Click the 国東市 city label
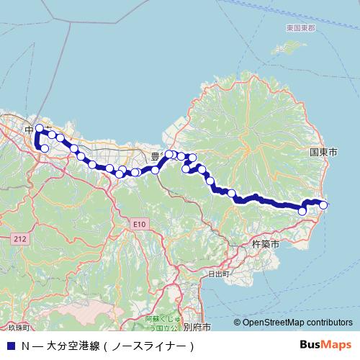[x=323, y=153]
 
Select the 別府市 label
[x=197, y=326]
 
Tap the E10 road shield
[x=139, y=225]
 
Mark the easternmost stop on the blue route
[x=323, y=205]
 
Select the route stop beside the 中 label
[x=40, y=129]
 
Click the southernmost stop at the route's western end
[x=45, y=148]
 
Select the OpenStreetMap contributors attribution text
[x=297, y=323]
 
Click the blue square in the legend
[x=10, y=346]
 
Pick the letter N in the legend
[x=25, y=346]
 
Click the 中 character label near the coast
[x=29, y=129]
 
